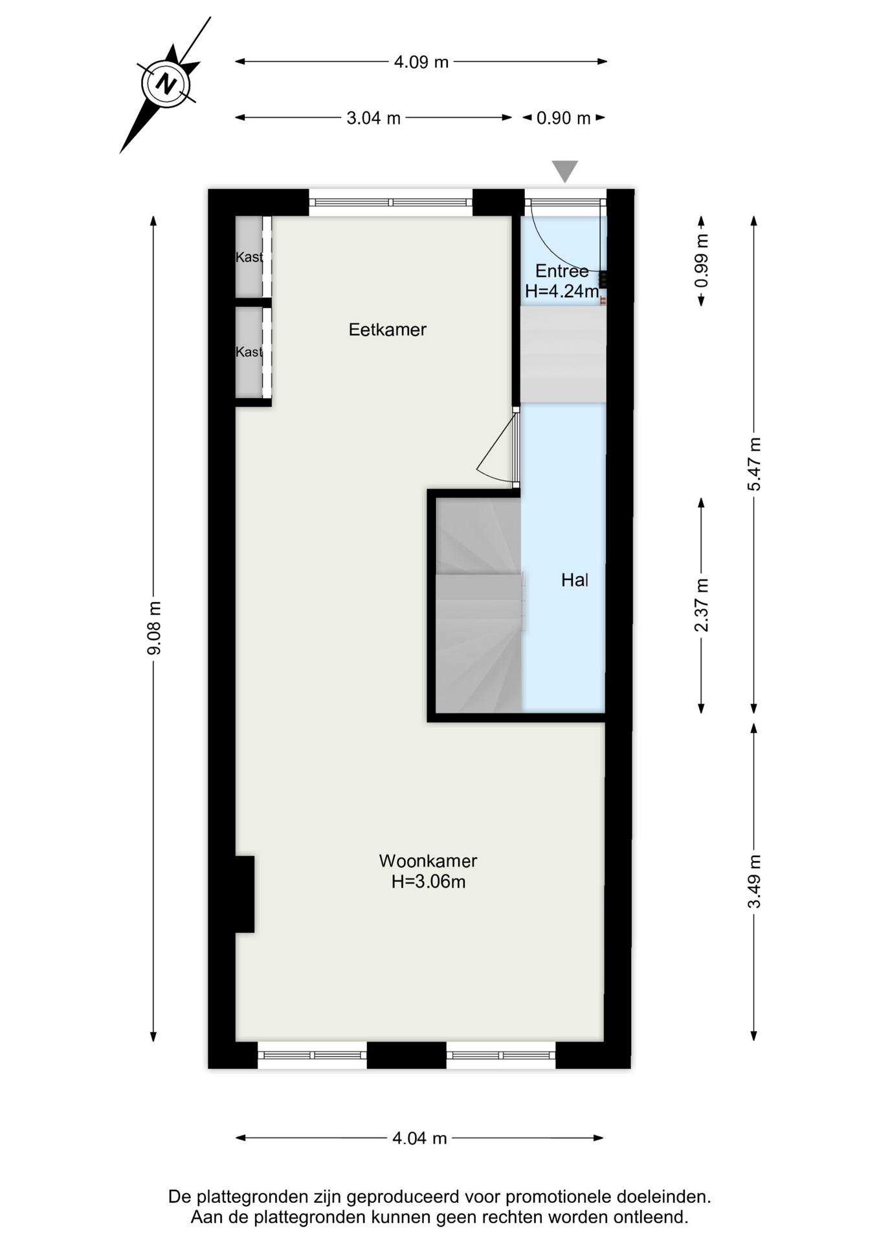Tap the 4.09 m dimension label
click(x=421, y=62)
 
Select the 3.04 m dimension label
click(x=373, y=118)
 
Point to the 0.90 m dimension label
click(x=563, y=118)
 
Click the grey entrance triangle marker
click(x=564, y=170)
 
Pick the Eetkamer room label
click(x=387, y=330)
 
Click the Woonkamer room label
click(x=428, y=861)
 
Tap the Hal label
click(x=575, y=580)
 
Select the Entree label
click(x=562, y=271)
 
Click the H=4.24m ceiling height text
click(x=562, y=291)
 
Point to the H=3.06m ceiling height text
click(x=428, y=882)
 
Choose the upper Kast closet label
click(x=249, y=257)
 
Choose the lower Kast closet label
click(x=249, y=352)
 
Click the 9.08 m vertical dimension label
click(x=154, y=628)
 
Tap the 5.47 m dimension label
click(x=754, y=464)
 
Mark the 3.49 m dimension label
click(x=754, y=881)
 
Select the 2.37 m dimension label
click(x=701, y=605)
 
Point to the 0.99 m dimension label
click(x=701, y=261)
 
